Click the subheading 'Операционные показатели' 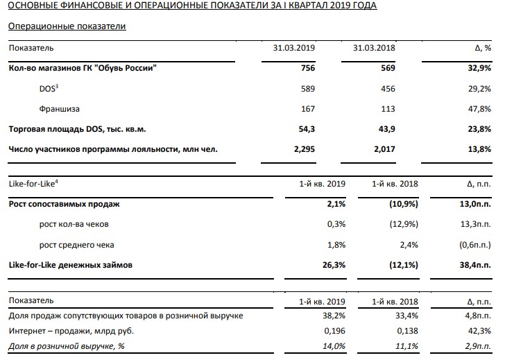67,26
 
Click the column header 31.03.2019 293,48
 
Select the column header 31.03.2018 374,48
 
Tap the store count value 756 308,68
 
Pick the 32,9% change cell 479,68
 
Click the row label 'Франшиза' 59,109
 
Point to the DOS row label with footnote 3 49,88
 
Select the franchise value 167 308,109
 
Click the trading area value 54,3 307,129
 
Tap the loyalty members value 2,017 384,149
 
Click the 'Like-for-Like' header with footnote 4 33,184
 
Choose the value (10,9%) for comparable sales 404,204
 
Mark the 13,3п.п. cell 476,224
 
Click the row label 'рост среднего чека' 76,245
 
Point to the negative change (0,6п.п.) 475,245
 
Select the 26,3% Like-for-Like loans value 334,265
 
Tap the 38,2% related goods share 334,316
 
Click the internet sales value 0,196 335,331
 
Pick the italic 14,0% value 334,346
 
